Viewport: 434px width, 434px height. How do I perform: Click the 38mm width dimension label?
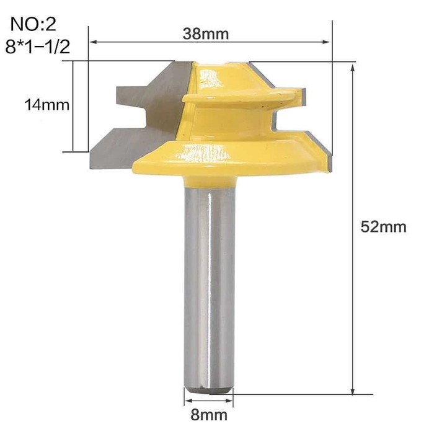point(206,33)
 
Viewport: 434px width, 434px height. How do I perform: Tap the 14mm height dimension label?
point(46,105)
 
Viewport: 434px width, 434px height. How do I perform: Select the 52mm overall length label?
point(383,227)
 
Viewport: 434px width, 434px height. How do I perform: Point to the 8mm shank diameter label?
point(209,415)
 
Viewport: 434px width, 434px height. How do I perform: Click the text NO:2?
point(33,24)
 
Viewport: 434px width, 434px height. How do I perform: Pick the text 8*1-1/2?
point(38,46)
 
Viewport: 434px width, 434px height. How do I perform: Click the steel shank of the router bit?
point(210,288)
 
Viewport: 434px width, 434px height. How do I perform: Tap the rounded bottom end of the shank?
point(209,390)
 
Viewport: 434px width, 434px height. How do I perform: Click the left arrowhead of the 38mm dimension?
point(94,42)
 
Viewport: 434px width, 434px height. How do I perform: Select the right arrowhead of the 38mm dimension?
point(327,42)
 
